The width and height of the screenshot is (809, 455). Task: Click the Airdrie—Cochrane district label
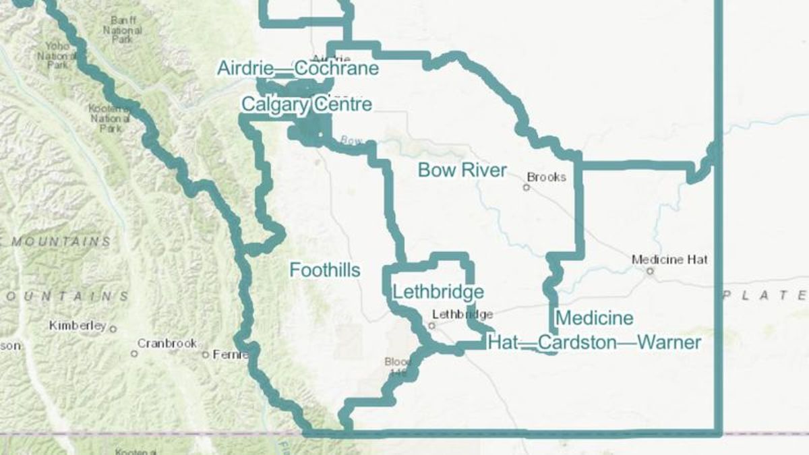297,69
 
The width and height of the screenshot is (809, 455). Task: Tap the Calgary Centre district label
306,105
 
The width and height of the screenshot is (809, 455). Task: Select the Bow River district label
462,170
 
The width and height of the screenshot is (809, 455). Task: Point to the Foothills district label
324,270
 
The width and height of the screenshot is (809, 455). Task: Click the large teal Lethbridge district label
438,293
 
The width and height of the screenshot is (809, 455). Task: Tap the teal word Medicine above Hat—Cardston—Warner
595,318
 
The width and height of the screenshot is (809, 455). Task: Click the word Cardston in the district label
578,342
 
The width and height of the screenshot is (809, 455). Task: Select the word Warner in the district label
669,342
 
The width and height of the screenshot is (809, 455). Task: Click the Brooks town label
546,177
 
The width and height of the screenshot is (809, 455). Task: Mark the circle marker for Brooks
527,187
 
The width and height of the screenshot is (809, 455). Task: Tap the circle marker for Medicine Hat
650,271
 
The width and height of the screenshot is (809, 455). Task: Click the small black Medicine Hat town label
669,260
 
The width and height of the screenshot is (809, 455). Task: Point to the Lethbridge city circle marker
432,325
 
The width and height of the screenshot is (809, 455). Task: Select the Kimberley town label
78,326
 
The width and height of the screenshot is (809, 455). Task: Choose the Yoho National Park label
57,55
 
